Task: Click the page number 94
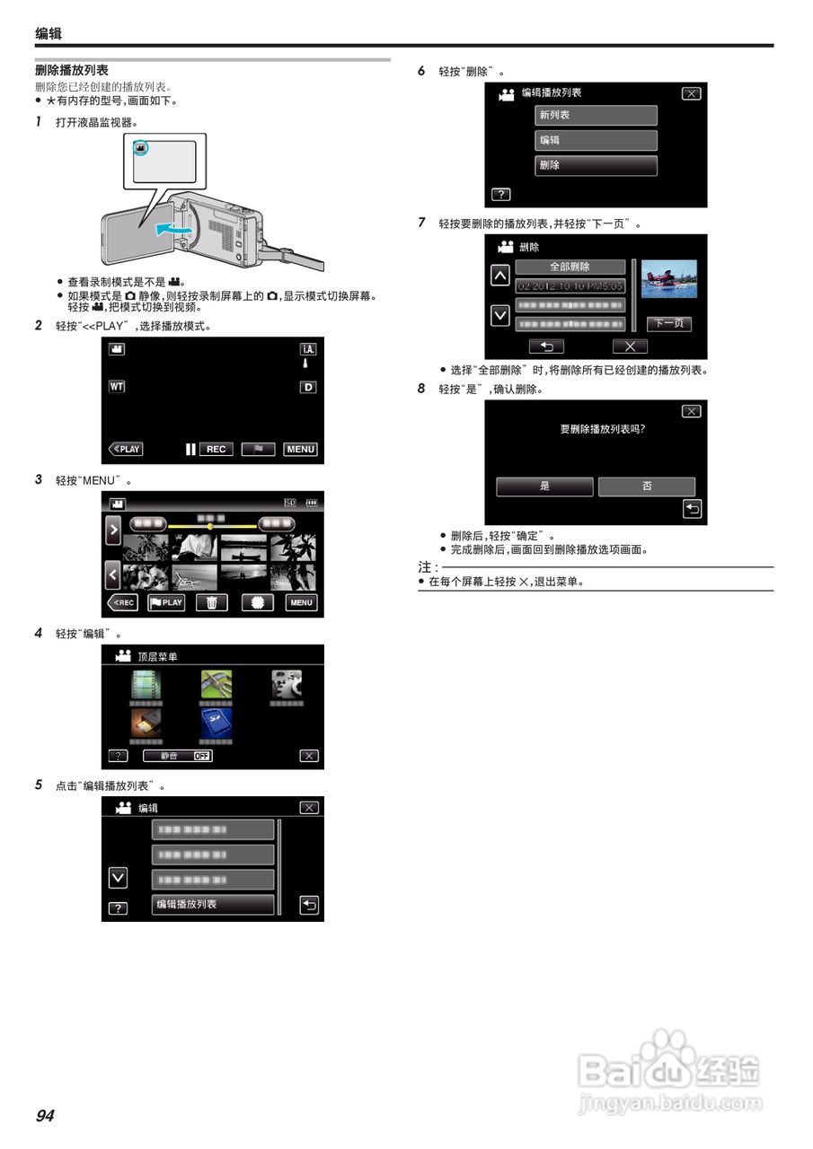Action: coord(45,1116)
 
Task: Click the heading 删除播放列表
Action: coord(72,70)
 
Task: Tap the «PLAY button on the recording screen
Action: coord(126,449)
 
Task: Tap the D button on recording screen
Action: coord(308,387)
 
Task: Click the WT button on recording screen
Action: coord(117,387)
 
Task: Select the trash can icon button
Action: coord(211,602)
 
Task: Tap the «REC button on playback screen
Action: coord(123,602)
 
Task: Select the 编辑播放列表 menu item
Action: coord(212,904)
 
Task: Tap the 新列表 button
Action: coord(596,115)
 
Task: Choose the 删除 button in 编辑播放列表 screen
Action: coord(596,165)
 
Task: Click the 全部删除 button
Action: coord(570,267)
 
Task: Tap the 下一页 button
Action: coord(668,324)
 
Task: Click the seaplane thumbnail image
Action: coord(668,279)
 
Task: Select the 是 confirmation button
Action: coord(544,486)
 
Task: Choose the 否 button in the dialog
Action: coord(647,486)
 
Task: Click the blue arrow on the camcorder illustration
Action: coord(172,231)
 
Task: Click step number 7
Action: coord(422,223)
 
